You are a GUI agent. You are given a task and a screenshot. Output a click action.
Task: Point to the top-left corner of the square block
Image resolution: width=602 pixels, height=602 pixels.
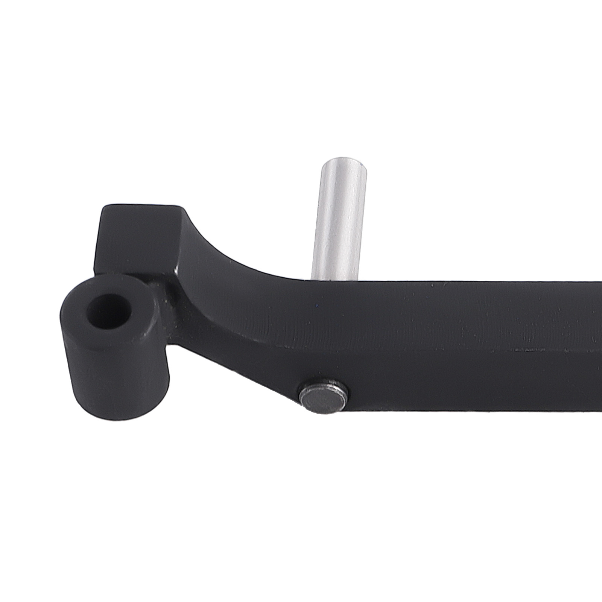click(x=105, y=208)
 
